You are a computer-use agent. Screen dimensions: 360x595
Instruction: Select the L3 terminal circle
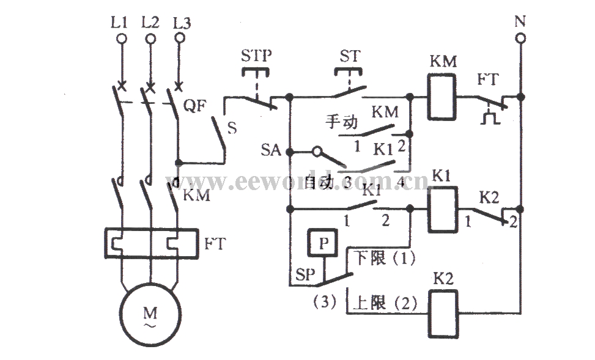pos(180,39)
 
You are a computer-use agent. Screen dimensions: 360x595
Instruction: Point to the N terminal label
pos(520,22)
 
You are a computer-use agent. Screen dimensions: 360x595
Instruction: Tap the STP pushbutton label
pos(257,56)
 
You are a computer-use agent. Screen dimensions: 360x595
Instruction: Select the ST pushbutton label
pos(350,56)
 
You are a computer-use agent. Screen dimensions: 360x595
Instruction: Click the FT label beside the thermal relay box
pos(214,244)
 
